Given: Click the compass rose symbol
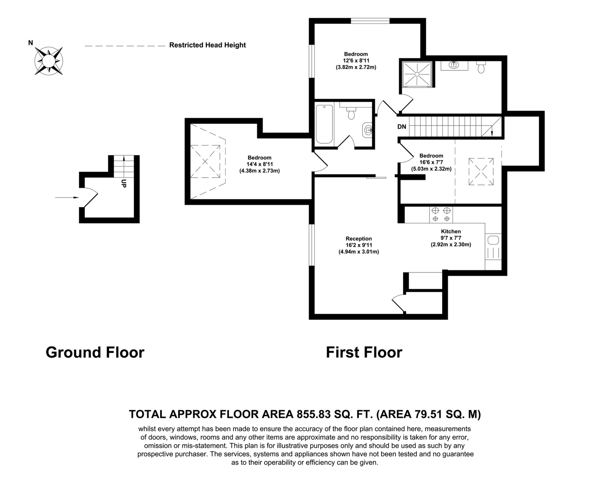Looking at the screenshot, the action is [49, 61].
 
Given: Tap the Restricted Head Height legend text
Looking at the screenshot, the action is [207, 45].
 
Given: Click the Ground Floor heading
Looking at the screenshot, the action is [95, 352].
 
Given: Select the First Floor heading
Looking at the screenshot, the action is [364, 352].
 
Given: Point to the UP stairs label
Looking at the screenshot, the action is [124, 184].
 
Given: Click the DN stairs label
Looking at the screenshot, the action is [402, 127].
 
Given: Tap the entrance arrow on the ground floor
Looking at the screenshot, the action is [67, 198].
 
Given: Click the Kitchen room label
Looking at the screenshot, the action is [451, 231].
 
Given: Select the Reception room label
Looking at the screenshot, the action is [359, 238].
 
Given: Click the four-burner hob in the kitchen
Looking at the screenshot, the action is [441, 214].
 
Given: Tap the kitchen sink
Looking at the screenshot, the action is [493, 240].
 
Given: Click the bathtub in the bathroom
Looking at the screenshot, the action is [324, 124].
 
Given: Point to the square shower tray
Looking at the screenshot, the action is [417, 74].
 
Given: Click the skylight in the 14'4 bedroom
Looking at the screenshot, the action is [205, 161].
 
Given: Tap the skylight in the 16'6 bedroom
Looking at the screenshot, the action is [481, 172].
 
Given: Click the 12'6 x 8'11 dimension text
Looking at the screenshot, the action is [356, 61].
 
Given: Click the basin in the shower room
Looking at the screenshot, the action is [454, 65].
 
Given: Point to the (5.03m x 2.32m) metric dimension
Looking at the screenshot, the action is [431, 169].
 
